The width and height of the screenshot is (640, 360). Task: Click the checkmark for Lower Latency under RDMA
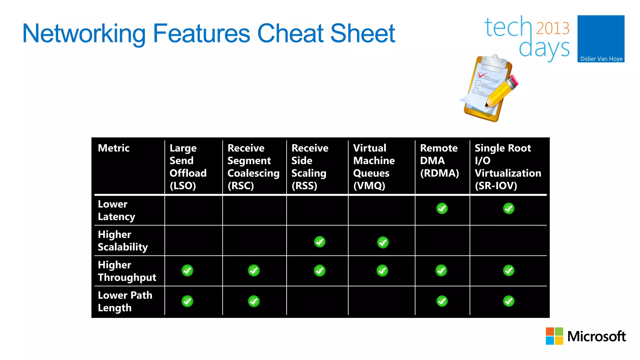coord(442,208)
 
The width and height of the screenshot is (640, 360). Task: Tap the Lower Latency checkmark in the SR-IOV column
coord(509,208)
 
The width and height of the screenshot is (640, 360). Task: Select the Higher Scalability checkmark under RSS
coord(320,242)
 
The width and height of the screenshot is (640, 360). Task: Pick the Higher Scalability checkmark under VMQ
coord(383,242)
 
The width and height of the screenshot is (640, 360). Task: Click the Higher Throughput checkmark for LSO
coord(187,271)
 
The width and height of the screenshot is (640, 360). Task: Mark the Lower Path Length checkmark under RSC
coord(254,301)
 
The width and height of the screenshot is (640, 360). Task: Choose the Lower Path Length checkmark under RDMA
coord(442,301)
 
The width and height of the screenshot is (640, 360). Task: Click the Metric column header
coord(114,148)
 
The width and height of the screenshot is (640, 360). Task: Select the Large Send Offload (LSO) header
coord(188,167)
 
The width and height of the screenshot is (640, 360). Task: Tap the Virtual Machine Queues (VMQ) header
coord(374,167)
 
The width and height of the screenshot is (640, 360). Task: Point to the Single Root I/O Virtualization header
coord(508,167)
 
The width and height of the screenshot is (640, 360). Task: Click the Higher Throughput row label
coord(127,271)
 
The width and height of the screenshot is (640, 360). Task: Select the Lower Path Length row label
coord(125,301)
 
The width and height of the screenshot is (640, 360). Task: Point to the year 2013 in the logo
coord(552,28)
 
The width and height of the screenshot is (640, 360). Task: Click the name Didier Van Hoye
coord(601,59)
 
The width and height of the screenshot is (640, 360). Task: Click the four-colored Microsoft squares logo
coord(554,336)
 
